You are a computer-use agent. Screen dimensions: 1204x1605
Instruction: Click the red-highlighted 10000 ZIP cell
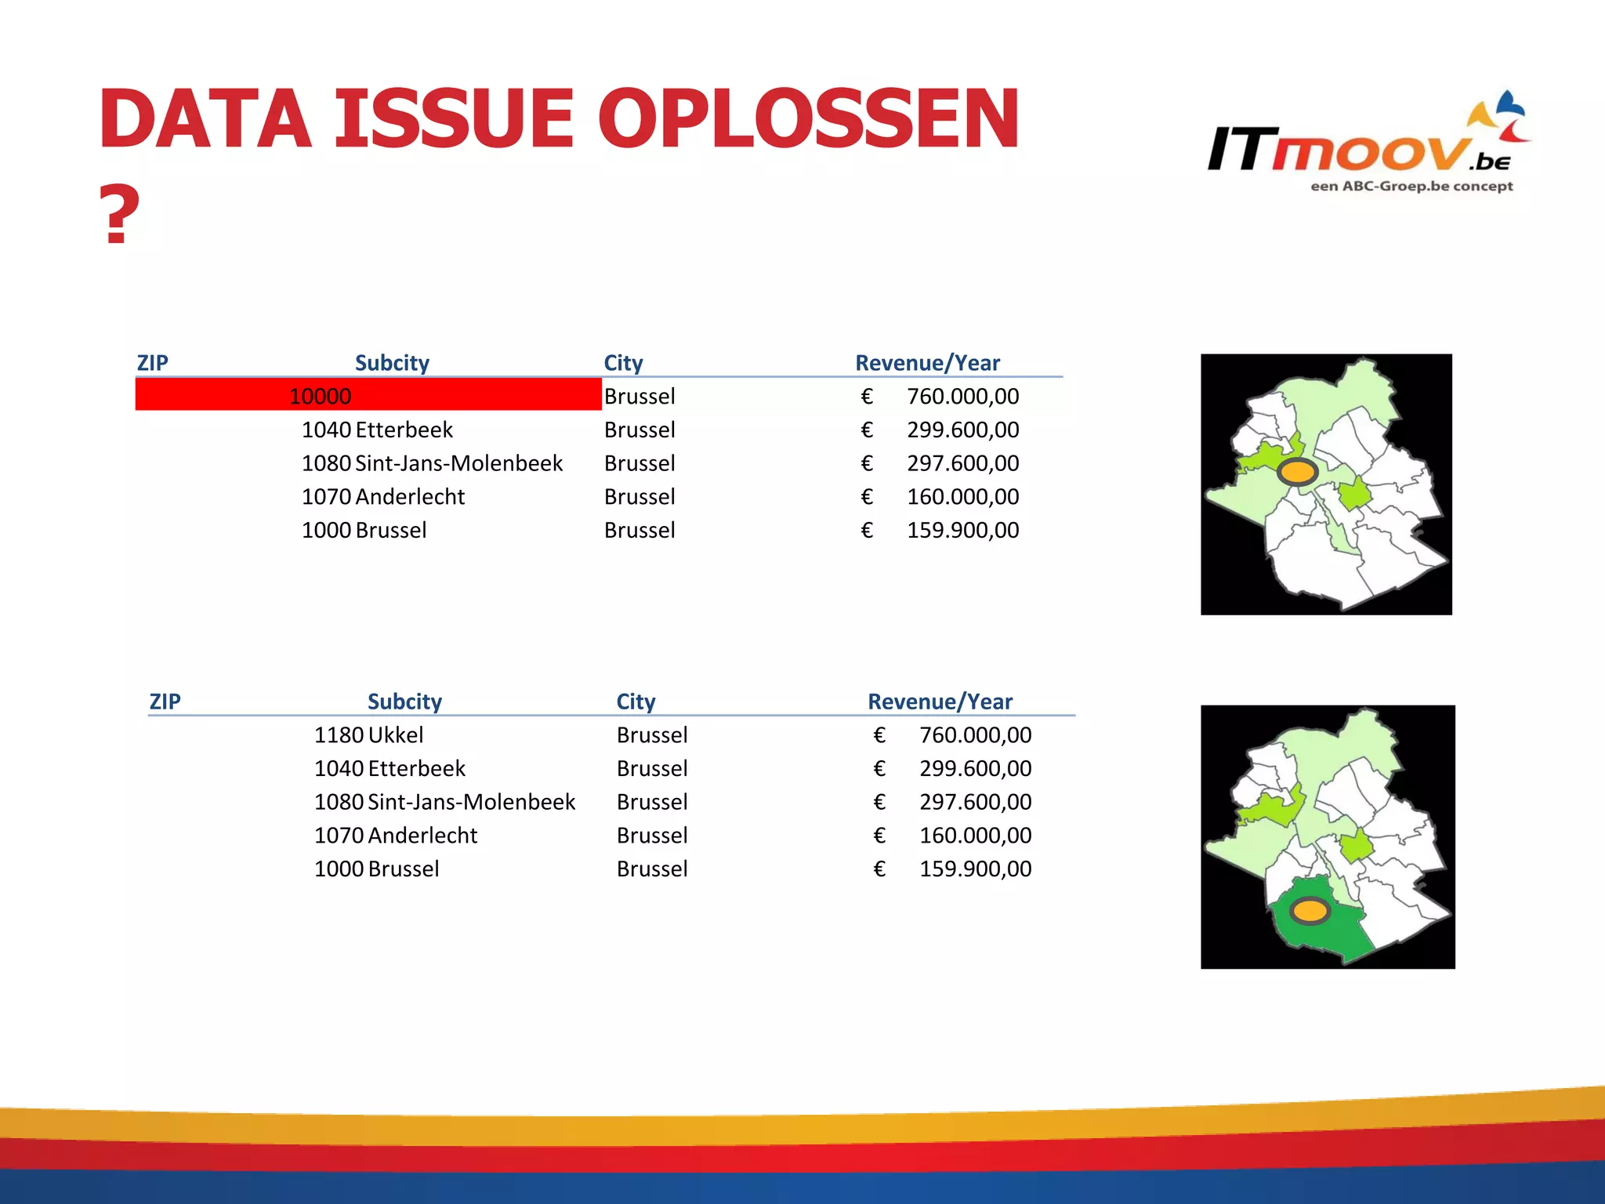321,396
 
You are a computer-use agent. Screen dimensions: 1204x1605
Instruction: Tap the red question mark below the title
119,215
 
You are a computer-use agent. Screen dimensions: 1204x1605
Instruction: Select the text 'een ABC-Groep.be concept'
1411,187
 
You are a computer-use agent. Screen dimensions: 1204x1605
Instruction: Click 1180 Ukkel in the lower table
368,735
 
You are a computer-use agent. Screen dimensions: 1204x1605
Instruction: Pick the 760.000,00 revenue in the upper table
962,397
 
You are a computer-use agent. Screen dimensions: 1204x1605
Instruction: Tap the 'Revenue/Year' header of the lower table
940,702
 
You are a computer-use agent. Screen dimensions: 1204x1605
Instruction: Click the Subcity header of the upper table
392,363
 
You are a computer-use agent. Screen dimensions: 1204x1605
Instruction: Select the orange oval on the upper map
1297,472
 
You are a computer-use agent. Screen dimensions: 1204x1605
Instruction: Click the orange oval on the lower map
1310,911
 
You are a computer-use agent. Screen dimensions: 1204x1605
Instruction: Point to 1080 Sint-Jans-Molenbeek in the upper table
432,463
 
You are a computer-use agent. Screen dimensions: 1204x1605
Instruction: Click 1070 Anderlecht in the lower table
395,836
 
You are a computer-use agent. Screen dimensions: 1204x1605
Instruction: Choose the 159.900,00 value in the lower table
975,869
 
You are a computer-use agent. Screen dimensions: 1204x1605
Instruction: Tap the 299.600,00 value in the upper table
962,430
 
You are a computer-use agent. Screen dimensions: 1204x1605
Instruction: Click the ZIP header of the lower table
165,702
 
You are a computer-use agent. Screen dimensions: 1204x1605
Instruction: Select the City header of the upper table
623,363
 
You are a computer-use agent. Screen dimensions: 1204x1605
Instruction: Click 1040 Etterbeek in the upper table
377,430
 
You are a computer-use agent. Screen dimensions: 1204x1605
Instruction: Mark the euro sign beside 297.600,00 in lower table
879,802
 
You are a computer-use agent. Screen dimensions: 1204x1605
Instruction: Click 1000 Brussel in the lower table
376,869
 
